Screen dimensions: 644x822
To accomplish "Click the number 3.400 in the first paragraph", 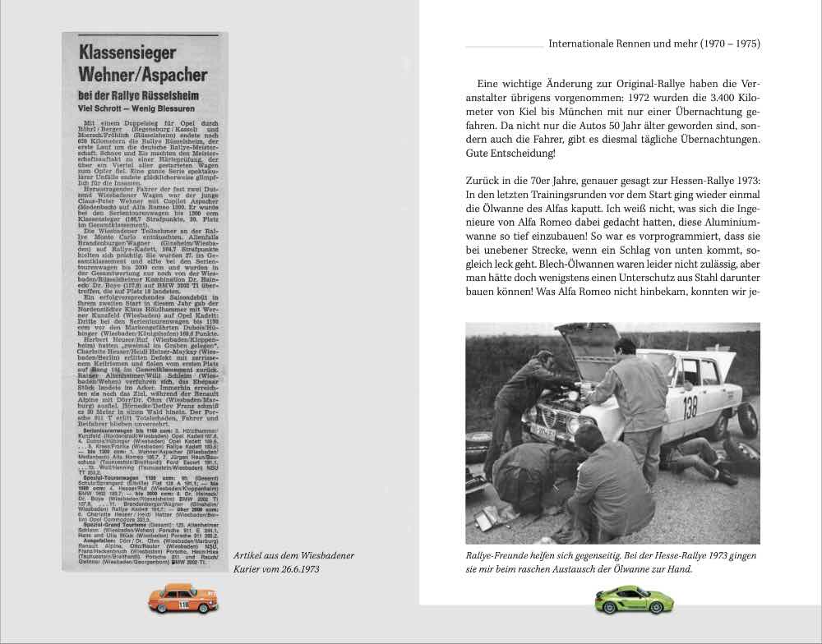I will [x=687, y=99].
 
